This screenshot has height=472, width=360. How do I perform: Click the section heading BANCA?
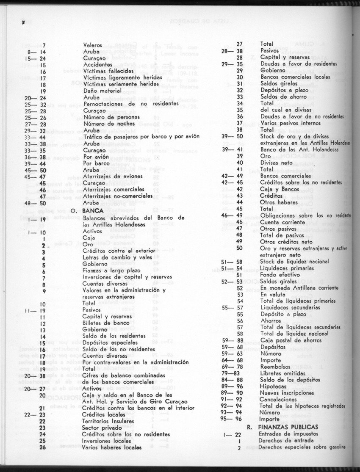(93, 210)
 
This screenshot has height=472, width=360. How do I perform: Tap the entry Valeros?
(92, 44)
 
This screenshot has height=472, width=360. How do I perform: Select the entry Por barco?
(96, 163)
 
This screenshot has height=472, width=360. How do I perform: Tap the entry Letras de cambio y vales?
(116, 257)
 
